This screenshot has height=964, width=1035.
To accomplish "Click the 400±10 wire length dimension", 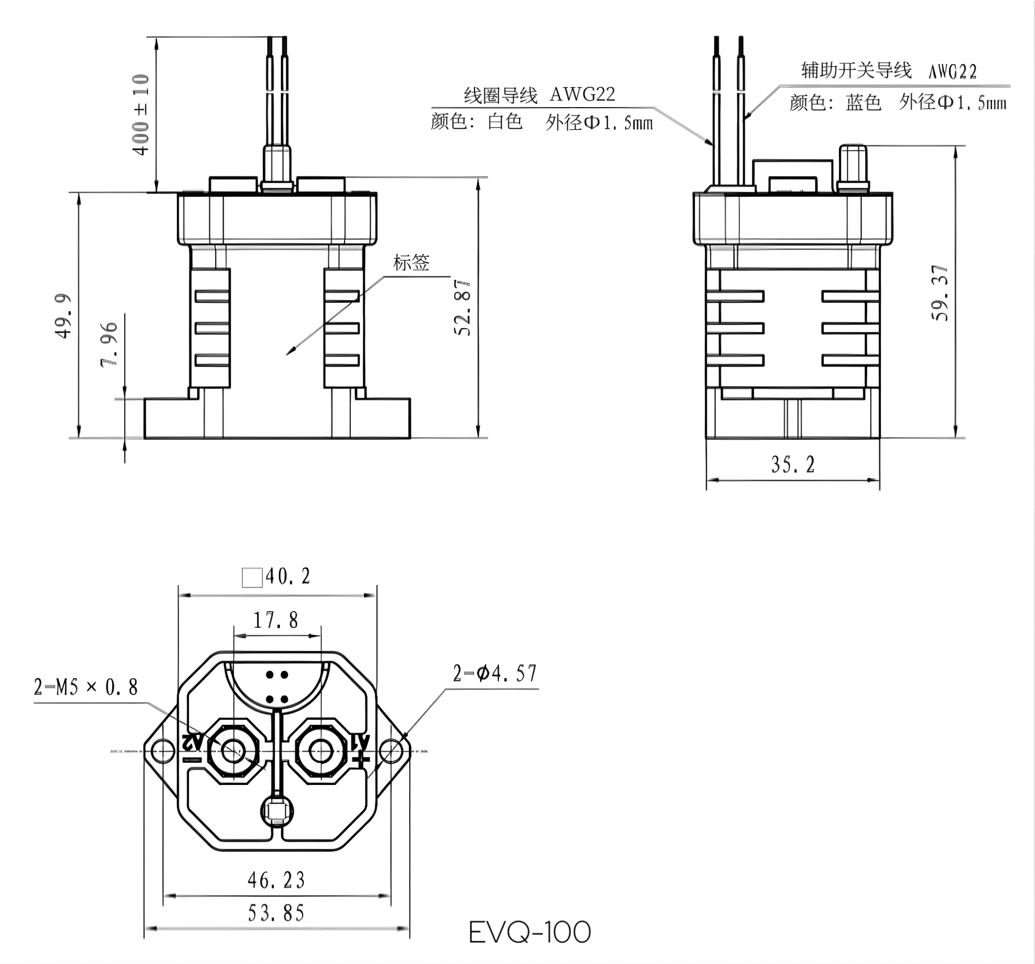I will point(141,114).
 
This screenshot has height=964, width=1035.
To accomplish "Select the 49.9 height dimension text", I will point(64,316).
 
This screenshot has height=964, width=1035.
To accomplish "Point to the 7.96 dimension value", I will point(109,345).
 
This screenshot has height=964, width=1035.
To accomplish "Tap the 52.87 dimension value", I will point(462,309).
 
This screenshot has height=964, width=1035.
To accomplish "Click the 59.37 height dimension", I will point(940,293).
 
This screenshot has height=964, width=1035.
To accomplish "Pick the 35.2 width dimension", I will point(792,464).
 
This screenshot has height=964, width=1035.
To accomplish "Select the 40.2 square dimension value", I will point(288,577).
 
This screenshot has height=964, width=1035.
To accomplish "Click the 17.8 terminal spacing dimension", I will point(276,620).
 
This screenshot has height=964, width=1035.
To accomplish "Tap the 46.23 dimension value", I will point(276,880).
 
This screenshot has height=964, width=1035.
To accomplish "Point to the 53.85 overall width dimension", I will point(276,913).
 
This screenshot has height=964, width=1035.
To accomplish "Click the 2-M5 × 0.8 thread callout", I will point(86,688).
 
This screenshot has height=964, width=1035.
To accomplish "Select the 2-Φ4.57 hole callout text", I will point(495,674).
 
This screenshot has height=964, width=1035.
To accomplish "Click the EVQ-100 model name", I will point(529,932).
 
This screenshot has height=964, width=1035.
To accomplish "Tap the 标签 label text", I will point(411,263).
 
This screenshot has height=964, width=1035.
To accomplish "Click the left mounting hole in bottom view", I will point(162,751).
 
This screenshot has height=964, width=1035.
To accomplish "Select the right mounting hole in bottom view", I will point(392,751).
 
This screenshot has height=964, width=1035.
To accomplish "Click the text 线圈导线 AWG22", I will point(539,95).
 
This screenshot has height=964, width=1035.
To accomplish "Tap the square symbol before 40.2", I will point(252,578).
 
